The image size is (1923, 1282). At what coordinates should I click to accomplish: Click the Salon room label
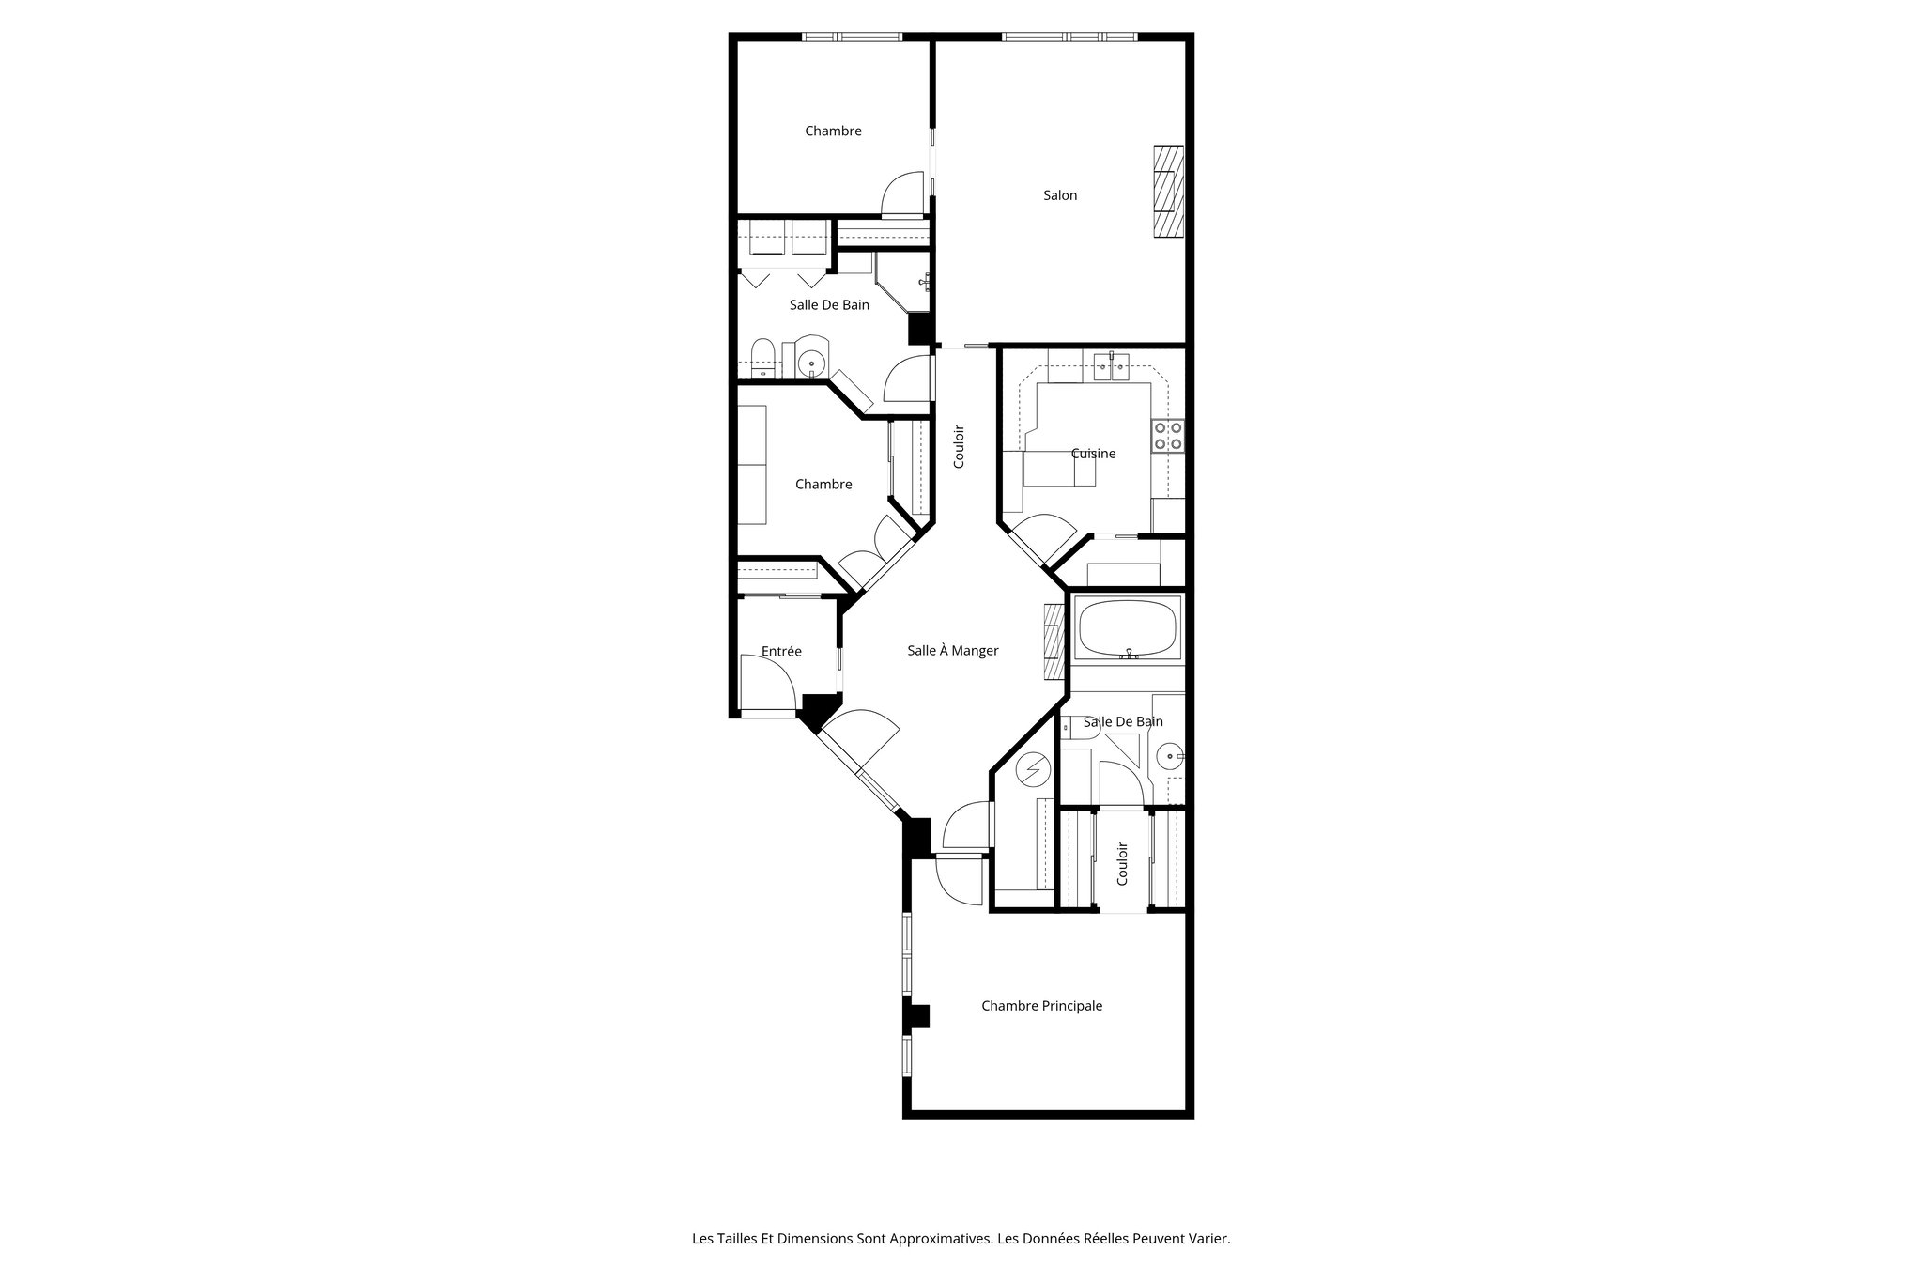pos(1060,195)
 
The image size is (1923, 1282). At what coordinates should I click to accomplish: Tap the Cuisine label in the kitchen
pos(1094,454)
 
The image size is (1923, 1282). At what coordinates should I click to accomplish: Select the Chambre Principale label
pos(1041,1006)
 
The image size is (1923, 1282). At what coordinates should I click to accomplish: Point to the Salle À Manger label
pos(952,650)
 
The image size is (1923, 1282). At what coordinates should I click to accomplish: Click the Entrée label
pos(781,651)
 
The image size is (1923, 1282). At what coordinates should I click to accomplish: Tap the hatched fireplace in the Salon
pos(1169,193)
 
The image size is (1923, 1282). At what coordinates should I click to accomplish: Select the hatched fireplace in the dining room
pos(1053,641)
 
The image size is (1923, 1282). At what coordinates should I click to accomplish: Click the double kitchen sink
pos(1111,368)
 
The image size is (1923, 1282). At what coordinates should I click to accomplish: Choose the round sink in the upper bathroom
pos(811,362)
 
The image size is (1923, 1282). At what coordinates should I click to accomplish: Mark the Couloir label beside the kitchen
pos(959,447)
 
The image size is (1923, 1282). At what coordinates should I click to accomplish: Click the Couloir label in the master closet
pos(1122,863)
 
